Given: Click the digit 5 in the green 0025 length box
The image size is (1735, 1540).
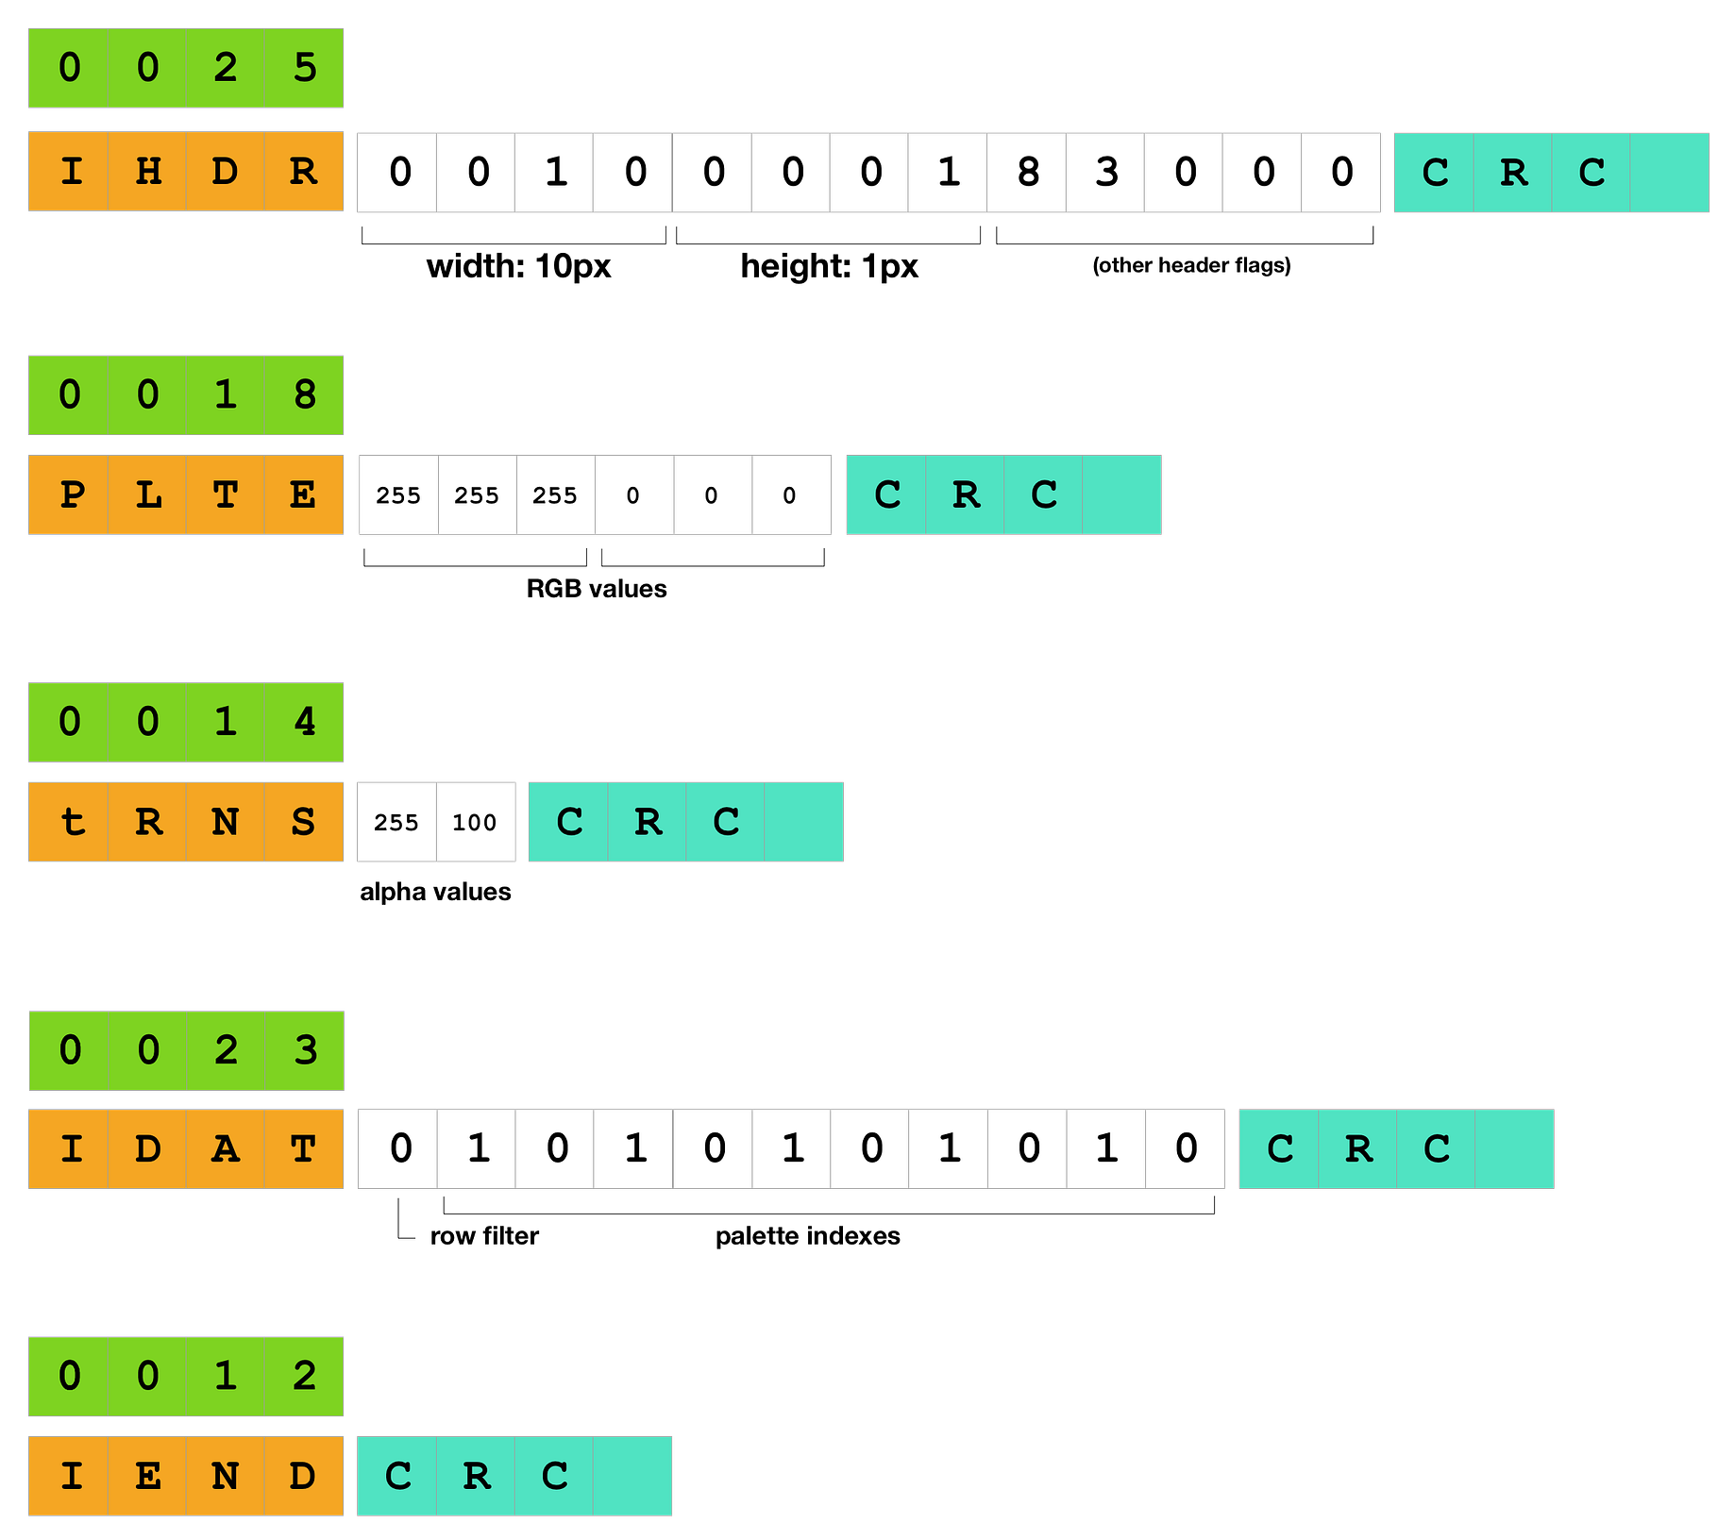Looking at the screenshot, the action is [304, 68].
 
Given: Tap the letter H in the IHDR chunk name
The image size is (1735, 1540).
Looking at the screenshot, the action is [148, 172].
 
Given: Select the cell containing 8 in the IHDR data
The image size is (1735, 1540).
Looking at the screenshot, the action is [1027, 173].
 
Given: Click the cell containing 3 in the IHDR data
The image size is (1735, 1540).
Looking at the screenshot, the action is [1105, 173].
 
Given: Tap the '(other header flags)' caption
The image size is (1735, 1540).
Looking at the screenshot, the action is [1191, 265].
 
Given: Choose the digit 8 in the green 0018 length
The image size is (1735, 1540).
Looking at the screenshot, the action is [304, 394].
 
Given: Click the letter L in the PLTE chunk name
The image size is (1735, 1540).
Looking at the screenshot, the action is [148, 494].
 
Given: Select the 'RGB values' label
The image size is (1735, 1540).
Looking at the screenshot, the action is [597, 589].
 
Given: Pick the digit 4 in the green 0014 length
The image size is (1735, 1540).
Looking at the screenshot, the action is [304, 722].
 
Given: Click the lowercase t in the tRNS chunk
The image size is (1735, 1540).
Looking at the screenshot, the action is [72, 822].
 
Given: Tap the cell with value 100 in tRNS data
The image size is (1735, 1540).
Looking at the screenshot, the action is [475, 822].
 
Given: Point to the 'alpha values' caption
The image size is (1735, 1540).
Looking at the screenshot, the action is [435, 892].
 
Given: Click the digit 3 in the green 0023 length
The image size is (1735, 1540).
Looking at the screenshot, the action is [305, 1050].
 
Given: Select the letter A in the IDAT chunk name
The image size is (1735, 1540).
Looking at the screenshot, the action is [226, 1148].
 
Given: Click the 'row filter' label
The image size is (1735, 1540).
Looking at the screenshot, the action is [484, 1236].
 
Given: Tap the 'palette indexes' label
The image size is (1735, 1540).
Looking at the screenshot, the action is [808, 1236].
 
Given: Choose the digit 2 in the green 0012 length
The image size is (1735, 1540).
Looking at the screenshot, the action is [304, 1376].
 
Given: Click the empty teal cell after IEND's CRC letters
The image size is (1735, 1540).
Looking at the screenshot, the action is [632, 1476].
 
